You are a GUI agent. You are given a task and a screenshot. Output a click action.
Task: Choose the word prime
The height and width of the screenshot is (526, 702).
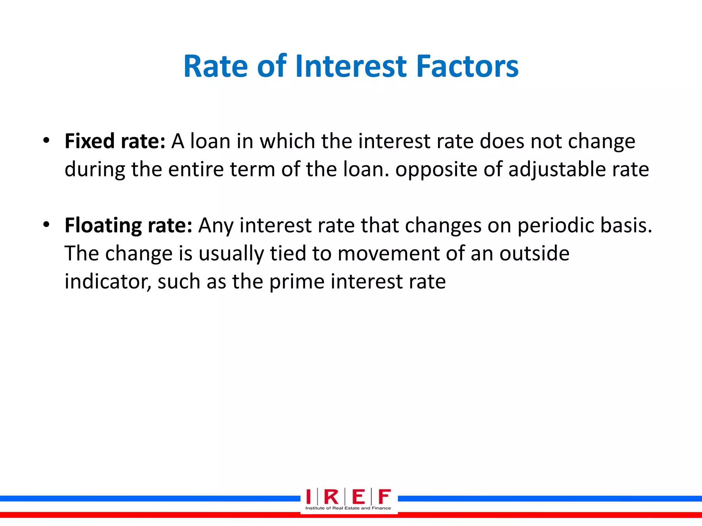[296, 282]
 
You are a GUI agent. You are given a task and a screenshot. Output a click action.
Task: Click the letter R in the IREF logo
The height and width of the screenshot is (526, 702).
[331, 497]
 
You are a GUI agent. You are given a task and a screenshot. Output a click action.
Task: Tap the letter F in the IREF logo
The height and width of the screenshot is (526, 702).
[384, 497]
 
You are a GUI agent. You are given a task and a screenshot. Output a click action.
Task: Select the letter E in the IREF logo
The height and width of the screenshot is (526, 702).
[359, 497]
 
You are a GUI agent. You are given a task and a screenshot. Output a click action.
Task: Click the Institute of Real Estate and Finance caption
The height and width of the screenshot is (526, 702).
[348, 508]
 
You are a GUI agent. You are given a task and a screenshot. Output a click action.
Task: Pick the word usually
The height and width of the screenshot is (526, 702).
[231, 254]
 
